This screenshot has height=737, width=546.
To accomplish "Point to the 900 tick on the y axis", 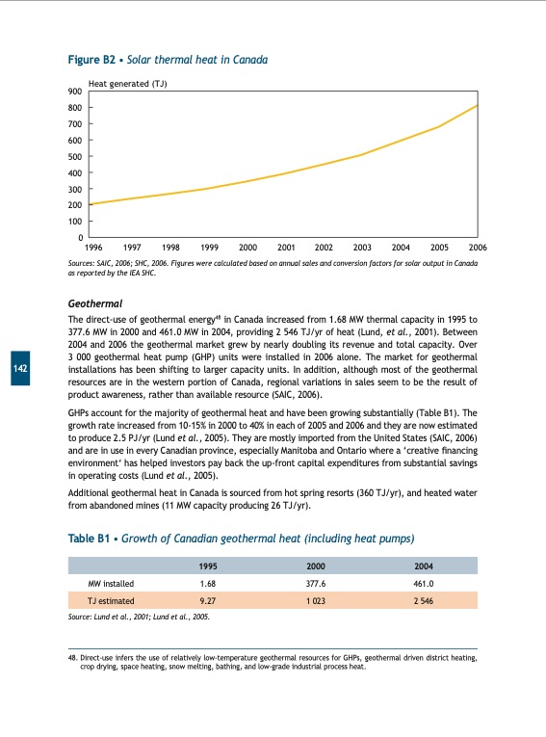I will click(74, 92).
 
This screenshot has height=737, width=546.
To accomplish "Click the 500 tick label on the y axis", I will click(74, 157).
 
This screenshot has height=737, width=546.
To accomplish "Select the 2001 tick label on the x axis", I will click(285, 248).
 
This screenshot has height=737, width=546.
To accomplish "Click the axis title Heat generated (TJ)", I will click(127, 83).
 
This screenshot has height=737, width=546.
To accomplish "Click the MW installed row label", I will click(111, 583).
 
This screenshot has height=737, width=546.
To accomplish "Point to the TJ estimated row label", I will click(111, 599).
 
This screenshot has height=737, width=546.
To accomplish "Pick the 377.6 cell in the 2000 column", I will click(315, 583).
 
